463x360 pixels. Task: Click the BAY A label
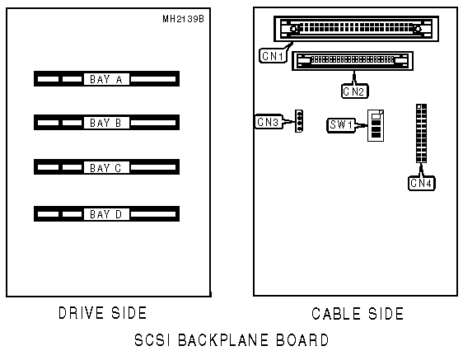point(106,79)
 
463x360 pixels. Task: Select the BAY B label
point(105,123)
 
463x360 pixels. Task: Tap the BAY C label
point(105,168)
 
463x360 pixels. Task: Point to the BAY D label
point(106,214)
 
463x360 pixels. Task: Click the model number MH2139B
point(183,19)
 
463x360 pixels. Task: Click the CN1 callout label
point(273,56)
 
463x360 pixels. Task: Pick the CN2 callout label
point(354,91)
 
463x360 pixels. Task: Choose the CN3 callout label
point(268,122)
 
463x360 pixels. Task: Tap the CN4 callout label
point(421,183)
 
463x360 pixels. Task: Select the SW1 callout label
point(341,125)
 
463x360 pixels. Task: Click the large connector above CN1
point(356,29)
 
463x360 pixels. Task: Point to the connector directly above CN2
point(353,60)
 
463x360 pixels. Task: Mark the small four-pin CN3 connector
point(299,121)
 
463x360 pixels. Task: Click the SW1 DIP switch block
point(376,125)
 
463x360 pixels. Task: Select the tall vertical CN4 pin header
point(421,133)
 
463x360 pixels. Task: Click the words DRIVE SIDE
point(102,313)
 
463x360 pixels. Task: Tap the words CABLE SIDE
point(358,314)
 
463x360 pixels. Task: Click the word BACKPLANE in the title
point(223,340)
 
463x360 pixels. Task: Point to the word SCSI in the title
point(152,340)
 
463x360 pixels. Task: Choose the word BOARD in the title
point(302,340)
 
